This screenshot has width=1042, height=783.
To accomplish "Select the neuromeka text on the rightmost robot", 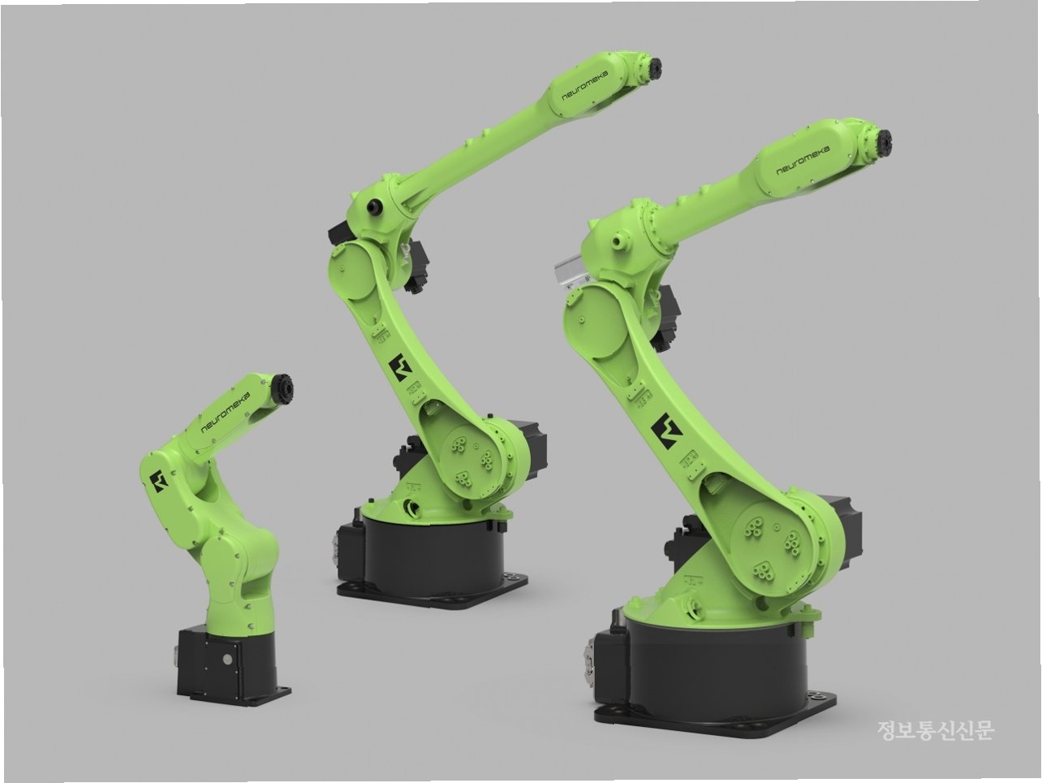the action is point(803,160).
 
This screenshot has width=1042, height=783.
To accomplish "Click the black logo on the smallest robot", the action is point(158,481).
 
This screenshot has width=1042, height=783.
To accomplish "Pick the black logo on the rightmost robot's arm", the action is point(666,431).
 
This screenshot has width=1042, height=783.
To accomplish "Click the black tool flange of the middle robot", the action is point(652,68).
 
